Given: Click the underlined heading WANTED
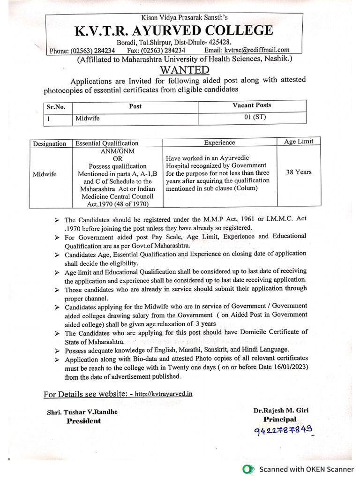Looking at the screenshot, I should point(184,70).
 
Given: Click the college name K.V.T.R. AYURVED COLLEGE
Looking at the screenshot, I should point(174,31).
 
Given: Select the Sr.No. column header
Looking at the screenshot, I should point(56,107).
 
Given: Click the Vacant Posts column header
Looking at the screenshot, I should point(252,105).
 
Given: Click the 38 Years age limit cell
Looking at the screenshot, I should point(299,172).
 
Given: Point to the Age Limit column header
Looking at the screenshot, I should point(299,141).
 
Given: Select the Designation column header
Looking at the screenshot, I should point(49,144).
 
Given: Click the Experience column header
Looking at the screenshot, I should point(219,142).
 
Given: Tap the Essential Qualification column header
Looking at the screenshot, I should point(107,143).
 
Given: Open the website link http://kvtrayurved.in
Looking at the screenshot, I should point(163,394).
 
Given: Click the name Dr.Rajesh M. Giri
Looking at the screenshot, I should point(281,410).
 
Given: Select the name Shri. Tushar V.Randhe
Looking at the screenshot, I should point(82,412).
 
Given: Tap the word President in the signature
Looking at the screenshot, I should point(83,421).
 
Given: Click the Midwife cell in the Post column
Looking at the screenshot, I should point(87,119).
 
